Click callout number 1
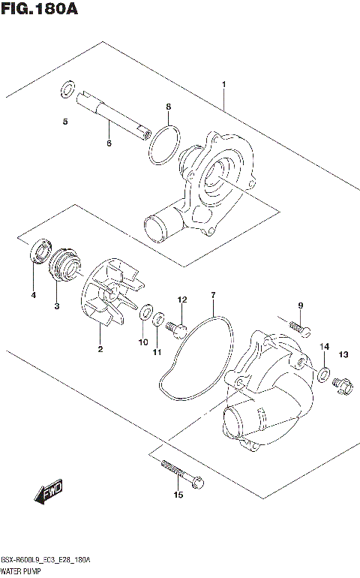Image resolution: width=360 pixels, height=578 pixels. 223,85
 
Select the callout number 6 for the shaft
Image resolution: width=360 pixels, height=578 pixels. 109,143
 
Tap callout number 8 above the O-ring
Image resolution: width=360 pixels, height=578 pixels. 169,107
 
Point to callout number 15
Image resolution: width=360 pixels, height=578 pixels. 178,495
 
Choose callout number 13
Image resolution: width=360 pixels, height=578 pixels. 343,354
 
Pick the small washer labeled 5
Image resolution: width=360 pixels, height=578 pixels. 66,92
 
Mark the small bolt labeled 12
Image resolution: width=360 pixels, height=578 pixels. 178,327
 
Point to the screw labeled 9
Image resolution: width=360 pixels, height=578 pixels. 298,327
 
